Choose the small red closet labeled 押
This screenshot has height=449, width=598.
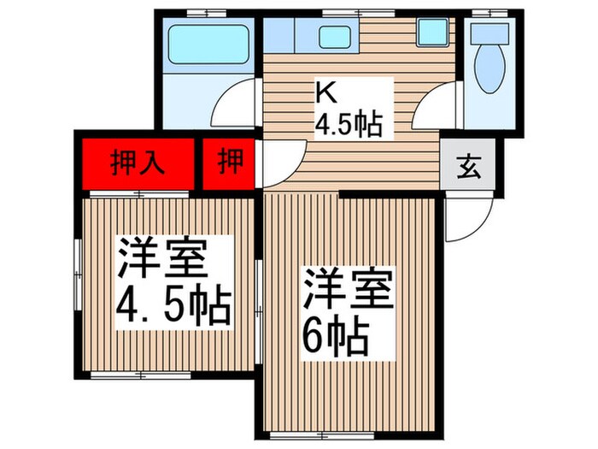tap(228, 162)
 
